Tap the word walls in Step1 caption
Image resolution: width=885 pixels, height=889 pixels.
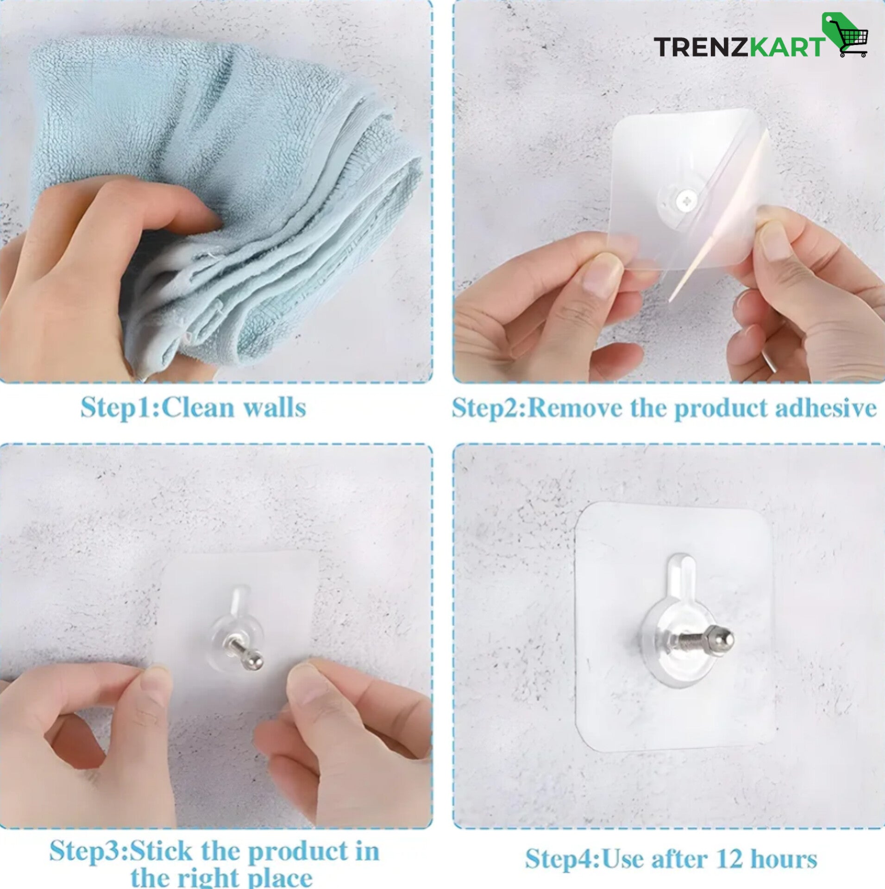tap(275, 408)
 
